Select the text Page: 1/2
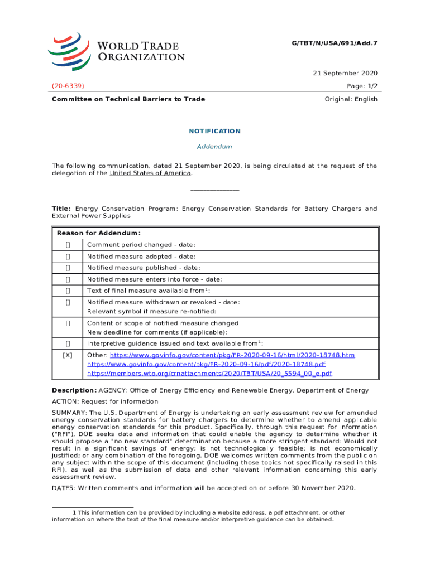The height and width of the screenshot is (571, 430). (360, 86)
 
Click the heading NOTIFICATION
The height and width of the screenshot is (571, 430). (215, 131)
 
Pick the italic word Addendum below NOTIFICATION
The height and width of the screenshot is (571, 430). (215, 147)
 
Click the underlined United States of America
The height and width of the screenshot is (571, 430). (150, 173)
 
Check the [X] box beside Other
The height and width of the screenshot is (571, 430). (68, 355)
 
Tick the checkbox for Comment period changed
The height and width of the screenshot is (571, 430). (68, 245)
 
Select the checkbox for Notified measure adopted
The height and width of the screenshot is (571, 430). (68, 257)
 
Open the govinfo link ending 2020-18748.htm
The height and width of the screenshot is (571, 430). (232, 355)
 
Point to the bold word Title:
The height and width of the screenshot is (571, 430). (61, 209)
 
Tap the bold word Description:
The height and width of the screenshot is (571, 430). (74, 390)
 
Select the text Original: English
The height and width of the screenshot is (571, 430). (351, 99)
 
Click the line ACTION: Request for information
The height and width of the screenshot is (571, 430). (105, 401)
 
